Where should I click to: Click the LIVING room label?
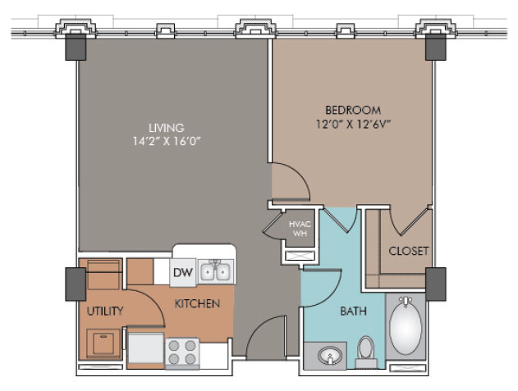[166, 128]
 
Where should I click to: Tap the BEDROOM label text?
[353, 110]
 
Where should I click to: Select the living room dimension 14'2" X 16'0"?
[167, 141]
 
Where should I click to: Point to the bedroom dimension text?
[354, 124]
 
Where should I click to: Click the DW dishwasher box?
[183, 272]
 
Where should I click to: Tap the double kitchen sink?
[215, 272]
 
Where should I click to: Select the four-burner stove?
[182, 352]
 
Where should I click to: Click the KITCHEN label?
[197, 303]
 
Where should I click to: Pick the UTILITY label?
[105, 311]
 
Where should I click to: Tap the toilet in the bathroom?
[366, 352]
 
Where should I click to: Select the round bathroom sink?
[329, 356]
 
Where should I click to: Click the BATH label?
[354, 311]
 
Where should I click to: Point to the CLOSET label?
[409, 251]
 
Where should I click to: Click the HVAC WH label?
[300, 229]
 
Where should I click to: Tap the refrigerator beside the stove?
[145, 348]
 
